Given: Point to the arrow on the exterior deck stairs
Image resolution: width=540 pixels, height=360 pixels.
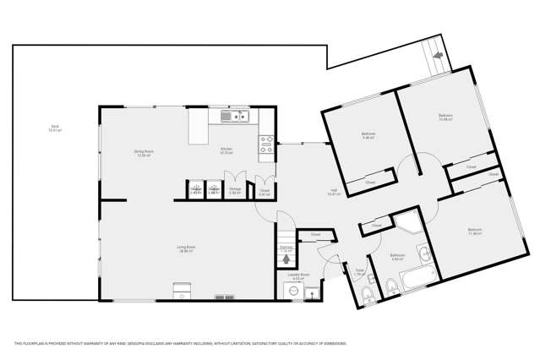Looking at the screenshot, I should (x=437, y=55).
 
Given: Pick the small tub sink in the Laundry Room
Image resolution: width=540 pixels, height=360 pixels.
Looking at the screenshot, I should (x=312, y=292).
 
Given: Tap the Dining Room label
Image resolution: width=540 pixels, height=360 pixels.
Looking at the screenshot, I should (x=143, y=152).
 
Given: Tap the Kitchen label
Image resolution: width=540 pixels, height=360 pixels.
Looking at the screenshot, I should (x=226, y=150).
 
